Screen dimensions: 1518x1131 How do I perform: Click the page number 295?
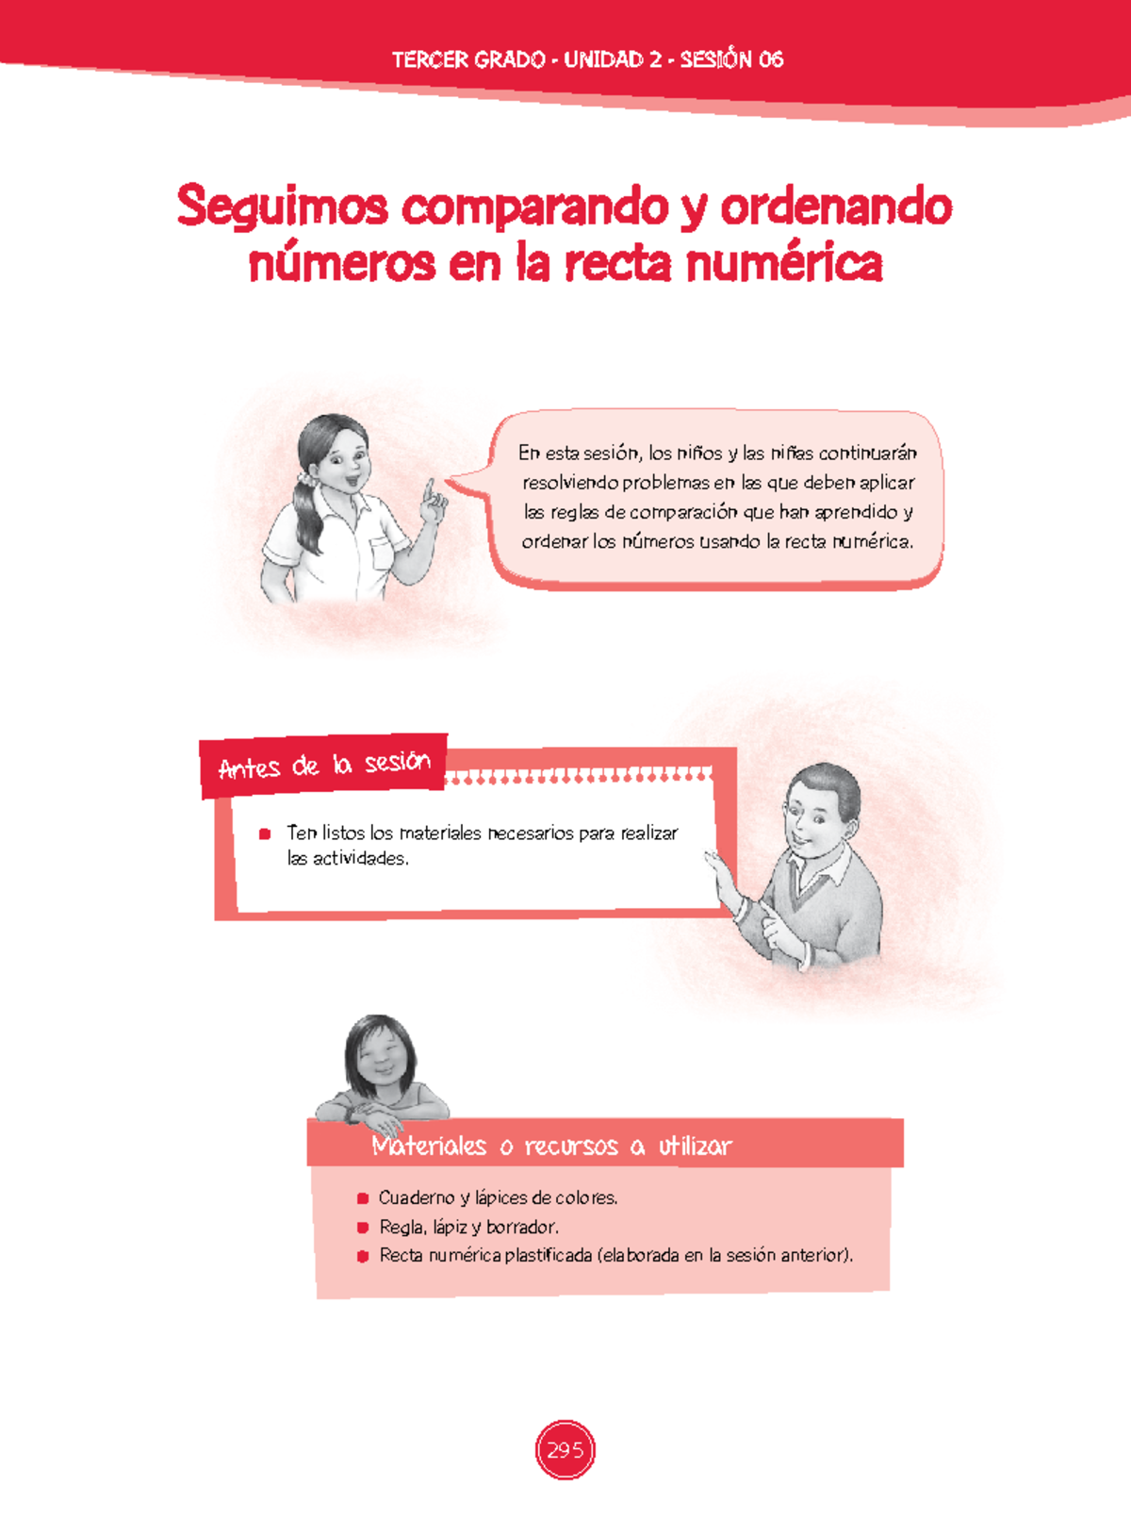click(565, 1450)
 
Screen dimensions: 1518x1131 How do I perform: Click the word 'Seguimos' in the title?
click(282, 207)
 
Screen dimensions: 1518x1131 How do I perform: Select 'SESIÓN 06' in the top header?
click(731, 59)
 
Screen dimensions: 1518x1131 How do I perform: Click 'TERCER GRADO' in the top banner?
click(467, 59)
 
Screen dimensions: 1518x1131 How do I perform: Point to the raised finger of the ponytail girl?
click(429, 489)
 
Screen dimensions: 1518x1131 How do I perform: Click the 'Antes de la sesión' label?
click(324, 765)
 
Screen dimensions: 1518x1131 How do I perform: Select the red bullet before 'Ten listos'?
click(265, 833)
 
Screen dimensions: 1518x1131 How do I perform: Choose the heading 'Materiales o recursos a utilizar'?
click(551, 1147)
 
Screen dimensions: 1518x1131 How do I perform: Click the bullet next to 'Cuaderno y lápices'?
click(363, 1198)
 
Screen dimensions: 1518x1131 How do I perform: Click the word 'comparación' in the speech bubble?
click(683, 512)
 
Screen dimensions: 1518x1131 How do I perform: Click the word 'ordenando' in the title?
click(836, 207)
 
